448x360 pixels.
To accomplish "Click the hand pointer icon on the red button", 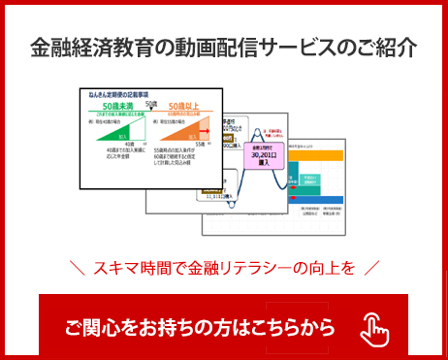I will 374,329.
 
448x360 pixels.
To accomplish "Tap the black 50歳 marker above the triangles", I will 150,103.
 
